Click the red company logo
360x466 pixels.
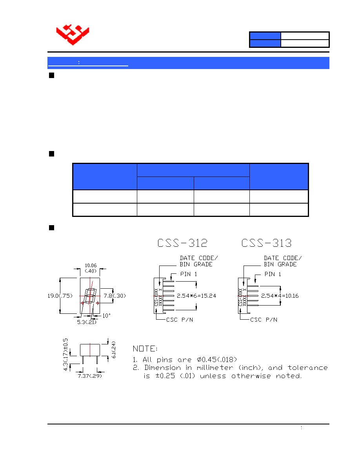click(x=73, y=35)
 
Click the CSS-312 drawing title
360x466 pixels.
click(x=182, y=243)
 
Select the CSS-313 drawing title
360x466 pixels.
click(x=266, y=243)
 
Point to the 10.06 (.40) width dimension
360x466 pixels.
click(x=91, y=268)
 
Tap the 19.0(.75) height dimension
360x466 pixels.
click(x=60, y=296)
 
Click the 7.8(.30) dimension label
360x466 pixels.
click(x=115, y=296)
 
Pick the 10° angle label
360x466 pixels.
click(x=106, y=316)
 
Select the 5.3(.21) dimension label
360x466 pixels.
click(x=87, y=322)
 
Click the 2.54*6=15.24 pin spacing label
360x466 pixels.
click(x=196, y=296)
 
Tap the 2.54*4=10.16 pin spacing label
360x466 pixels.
click(x=280, y=296)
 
